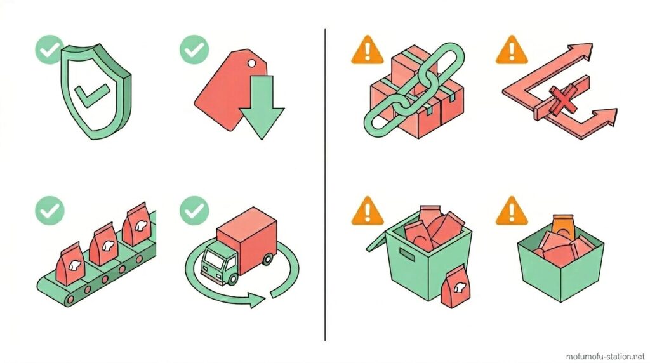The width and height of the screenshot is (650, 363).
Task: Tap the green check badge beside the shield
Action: point(50,49)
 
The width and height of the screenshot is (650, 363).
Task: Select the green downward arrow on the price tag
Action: point(262,107)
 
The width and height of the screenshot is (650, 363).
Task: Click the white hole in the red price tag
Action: point(251,63)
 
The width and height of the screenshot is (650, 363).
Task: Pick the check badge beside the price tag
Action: point(194,49)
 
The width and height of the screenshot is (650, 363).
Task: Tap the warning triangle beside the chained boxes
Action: point(367,51)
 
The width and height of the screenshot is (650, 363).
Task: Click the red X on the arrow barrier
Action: point(562,100)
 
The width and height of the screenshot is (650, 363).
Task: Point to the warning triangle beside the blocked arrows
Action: point(512,51)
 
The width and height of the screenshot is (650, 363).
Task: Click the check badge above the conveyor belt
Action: point(50,211)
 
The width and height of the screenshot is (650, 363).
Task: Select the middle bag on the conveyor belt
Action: point(103,244)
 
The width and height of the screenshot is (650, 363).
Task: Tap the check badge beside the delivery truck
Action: point(194,211)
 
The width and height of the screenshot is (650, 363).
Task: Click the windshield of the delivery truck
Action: point(213,259)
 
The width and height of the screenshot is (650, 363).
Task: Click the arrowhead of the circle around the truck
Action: point(257,300)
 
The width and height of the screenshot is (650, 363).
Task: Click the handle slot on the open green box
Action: point(407,254)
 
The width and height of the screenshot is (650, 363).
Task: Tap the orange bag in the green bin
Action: point(563,226)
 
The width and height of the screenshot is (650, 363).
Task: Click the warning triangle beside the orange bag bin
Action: point(512,211)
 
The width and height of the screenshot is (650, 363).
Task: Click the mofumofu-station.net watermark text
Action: point(605,357)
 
